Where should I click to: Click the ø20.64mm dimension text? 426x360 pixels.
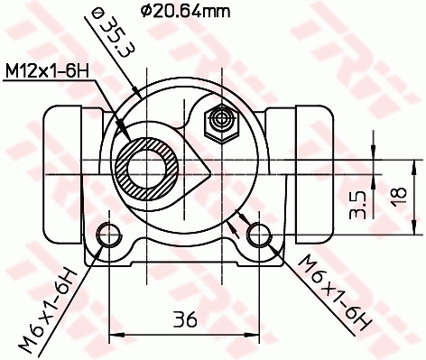tap(186, 11)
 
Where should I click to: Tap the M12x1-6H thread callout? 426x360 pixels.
tap(48, 69)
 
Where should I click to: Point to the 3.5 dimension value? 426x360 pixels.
tap(357, 204)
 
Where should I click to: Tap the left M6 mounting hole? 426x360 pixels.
tap(109, 235)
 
